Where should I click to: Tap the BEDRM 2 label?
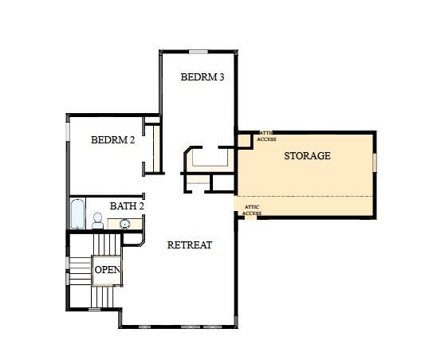tap(112, 139)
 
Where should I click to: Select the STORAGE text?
tap(307, 155)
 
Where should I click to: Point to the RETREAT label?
tap(189, 245)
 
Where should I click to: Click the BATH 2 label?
tap(126, 206)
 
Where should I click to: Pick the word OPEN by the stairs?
tap(107, 269)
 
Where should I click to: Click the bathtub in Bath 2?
tap(77, 214)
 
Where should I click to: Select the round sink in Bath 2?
tap(126, 224)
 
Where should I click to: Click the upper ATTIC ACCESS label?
tap(266, 136)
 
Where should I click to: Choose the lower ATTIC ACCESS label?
tap(251, 210)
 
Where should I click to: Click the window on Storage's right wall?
tap(374, 161)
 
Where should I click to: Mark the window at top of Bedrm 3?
tap(199, 52)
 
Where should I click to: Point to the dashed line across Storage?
tap(307, 196)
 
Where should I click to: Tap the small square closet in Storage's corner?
tap(245, 140)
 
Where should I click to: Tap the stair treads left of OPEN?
tap(80, 270)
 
